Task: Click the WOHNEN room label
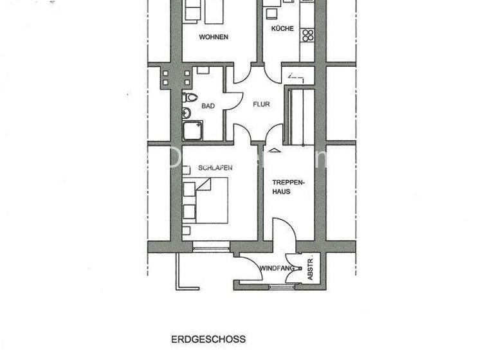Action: click(x=214, y=37)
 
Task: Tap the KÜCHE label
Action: click(x=282, y=29)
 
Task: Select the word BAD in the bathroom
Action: click(x=208, y=106)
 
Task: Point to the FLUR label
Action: click(x=261, y=104)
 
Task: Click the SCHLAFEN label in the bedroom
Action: click(x=215, y=168)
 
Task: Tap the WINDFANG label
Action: click(x=277, y=267)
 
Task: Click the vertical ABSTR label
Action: click(x=310, y=269)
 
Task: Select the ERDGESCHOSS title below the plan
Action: click(x=208, y=339)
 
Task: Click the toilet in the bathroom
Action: click(x=189, y=99)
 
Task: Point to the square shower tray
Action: click(x=191, y=131)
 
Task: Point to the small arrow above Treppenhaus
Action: click(x=275, y=150)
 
